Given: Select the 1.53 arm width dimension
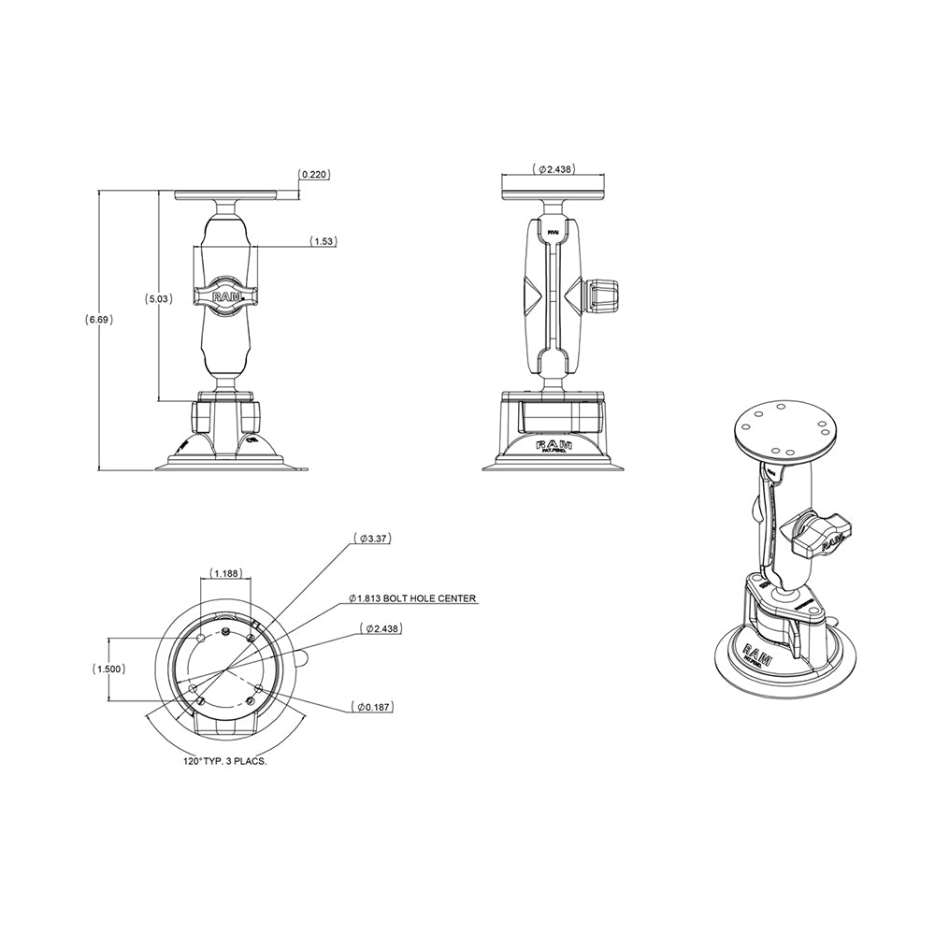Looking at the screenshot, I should point(324,241).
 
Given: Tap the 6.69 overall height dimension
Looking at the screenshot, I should point(99,319).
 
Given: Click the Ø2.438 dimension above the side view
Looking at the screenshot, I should point(554,169).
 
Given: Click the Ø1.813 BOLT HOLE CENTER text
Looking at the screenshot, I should point(411,598).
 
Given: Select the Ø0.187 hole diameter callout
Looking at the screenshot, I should point(374,708).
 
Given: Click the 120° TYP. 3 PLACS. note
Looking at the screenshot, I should point(225,762).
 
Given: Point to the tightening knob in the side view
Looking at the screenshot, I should point(602,295).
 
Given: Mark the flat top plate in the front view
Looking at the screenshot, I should point(226,195).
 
